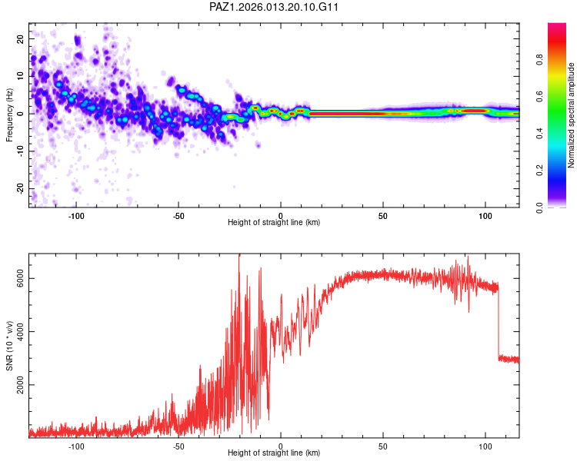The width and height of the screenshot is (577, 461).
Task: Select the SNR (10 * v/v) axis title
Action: point(10,346)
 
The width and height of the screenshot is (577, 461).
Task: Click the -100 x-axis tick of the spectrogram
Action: point(76,215)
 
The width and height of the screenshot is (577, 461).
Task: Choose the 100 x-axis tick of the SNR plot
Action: point(485,446)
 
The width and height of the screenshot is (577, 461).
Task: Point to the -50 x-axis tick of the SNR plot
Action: point(178,446)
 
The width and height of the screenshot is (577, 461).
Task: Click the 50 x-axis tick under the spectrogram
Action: point(383,215)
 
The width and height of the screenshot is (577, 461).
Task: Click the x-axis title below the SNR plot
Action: point(274,454)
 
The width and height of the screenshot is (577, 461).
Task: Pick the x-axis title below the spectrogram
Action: point(274,224)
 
